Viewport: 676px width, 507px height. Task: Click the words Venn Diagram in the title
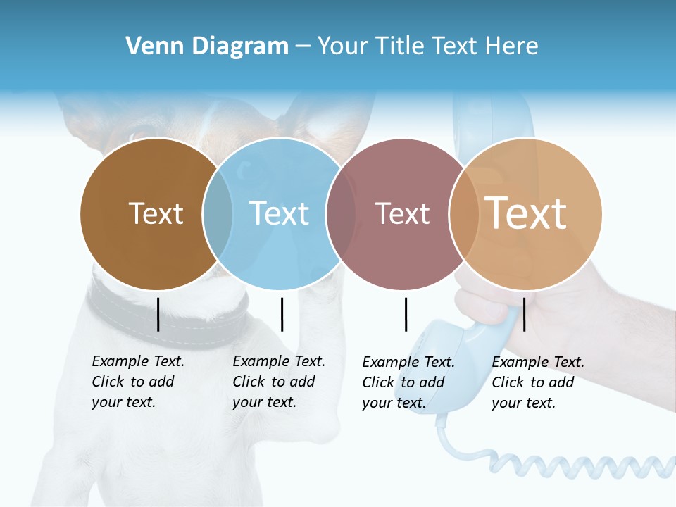coord(207,46)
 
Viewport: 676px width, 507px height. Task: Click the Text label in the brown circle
coord(156,213)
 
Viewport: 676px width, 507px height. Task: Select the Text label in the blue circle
coord(279,213)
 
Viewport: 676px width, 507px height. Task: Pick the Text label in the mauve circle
coord(402,213)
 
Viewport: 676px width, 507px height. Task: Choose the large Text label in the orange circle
coord(526,213)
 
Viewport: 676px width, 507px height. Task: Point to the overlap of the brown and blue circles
coord(218,213)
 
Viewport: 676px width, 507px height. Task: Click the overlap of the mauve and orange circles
coord(464,213)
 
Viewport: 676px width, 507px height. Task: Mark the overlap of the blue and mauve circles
coord(341,213)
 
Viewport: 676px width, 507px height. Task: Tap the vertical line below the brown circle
coord(158,314)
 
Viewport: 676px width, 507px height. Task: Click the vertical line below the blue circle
coord(282,314)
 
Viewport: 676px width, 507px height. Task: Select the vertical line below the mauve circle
coord(406,314)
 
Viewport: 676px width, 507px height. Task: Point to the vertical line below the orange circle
coord(524,314)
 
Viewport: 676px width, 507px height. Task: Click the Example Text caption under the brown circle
coord(137,382)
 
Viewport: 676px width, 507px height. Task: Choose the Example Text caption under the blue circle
coord(278,382)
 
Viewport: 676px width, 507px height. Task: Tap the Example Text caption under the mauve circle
coord(408,382)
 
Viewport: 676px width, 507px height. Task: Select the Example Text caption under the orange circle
coord(537,382)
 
